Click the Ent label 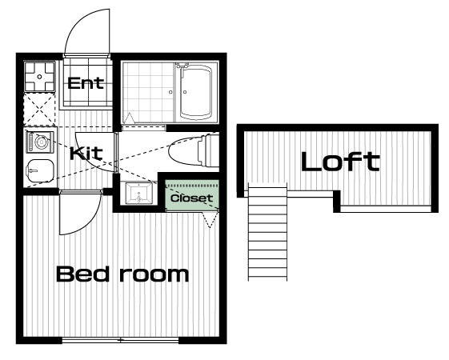click(x=86, y=83)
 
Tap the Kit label click(x=86, y=154)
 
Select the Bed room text click(x=122, y=274)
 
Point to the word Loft click(x=340, y=162)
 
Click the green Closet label click(x=191, y=198)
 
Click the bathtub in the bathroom click(x=196, y=93)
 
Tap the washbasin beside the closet click(x=139, y=194)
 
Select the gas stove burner click(x=39, y=77)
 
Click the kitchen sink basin click(x=40, y=171)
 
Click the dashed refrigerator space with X click(x=39, y=110)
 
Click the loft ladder click(x=267, y=232)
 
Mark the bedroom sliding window click(x=120, y=340)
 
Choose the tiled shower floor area click(x=148, y=92)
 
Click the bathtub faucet click(x=182, y=66)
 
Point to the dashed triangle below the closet click(x=210, y=220)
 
